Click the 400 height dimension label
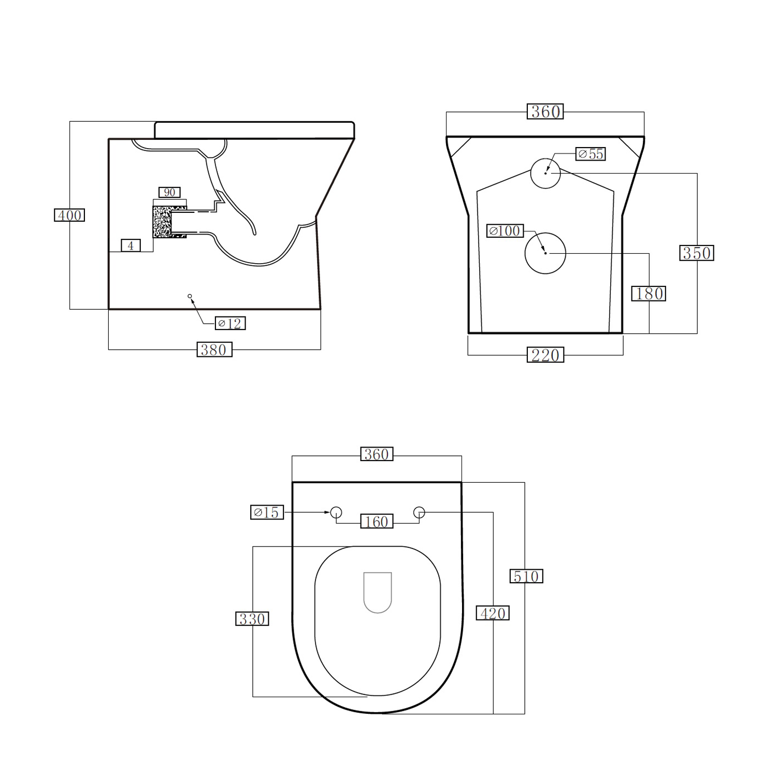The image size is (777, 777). (69, 215)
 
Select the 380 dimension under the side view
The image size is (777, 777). (214, 350)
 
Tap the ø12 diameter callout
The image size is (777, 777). (231, 323)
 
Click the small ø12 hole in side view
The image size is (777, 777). (190, 296)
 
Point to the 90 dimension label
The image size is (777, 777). (169, 193)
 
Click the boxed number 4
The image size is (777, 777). (131, 246)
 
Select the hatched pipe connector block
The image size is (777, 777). (163, 222)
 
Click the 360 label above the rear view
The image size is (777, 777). (545, 111)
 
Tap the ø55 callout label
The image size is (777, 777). (591, 154)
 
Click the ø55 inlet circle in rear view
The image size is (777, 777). (545, 173)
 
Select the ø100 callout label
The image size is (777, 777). (505, 231)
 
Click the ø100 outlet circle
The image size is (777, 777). (545, 253)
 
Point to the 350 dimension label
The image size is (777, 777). (696, 253)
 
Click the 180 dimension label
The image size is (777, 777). (649, 294)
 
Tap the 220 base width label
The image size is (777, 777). (545, 355)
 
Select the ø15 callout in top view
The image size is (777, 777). (267, 512)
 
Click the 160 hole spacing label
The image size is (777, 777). (377, 522)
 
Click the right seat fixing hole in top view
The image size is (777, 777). (419, 513)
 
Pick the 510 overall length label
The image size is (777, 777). (526, 576)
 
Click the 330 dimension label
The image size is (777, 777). (252, 619)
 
